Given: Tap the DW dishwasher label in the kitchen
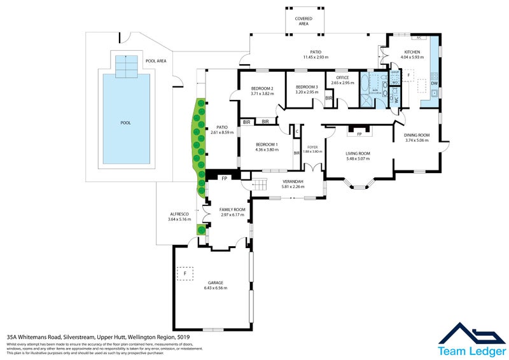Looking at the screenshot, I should [x=434, y=83].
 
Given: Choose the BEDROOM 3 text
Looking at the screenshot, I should [x=306, y=87].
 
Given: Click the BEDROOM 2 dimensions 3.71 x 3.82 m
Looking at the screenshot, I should [x=261, y=93].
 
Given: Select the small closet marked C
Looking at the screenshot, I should [x=296, y=132].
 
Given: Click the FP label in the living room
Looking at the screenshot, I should [x=359, y=134].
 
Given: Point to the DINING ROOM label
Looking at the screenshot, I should [x=417, y=135].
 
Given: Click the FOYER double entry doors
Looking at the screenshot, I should [x=311, y=167].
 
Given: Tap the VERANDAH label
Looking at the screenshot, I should [x=293, y=182].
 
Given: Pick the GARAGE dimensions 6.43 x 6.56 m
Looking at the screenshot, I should [x=215, y=288].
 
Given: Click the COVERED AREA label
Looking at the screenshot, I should [x=303, y=21].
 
